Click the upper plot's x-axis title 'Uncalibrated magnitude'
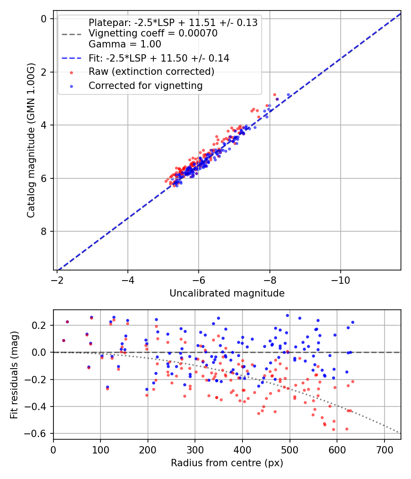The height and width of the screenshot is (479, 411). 227,293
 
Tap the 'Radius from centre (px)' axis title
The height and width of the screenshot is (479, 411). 227,463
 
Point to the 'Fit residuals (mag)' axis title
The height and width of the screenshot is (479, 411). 14,375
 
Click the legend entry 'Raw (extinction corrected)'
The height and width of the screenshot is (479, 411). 151,72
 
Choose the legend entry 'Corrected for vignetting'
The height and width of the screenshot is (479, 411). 145,85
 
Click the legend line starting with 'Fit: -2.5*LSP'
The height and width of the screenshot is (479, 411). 159,58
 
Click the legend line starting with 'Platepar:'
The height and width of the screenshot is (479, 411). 173,23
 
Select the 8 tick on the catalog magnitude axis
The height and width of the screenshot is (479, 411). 44,231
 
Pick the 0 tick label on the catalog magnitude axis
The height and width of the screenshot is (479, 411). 44,19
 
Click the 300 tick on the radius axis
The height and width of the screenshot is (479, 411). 195,448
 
